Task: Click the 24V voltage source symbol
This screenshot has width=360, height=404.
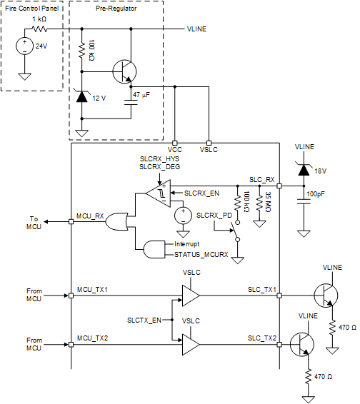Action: [x=25, y=46]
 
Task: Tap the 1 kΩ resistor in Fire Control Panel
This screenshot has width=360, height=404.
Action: [x=39, y=29]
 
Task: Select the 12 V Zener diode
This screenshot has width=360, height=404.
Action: [x=81, y=96]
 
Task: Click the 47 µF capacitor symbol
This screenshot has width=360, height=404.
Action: [x=131, y=103]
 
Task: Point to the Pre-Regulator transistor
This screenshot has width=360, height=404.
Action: [x=124, y=71]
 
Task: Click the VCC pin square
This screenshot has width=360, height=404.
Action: [x=174, y=143]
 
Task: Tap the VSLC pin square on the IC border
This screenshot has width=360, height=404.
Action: [x=209, y=143]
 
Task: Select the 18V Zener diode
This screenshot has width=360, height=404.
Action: [x=304, y=170]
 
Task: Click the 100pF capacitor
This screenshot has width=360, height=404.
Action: [x=304, y=201]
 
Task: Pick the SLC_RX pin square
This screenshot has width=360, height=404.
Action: [x=279, y=186]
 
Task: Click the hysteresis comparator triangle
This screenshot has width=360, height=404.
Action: [x=159, y=193]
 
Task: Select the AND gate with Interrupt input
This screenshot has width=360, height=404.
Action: [x=154, y=249]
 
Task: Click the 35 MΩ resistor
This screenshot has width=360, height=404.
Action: [x=260, y=201]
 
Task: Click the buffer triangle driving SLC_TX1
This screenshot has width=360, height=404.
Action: [x=191, y=296]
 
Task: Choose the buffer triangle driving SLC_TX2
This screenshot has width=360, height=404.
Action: [x=191, y=345]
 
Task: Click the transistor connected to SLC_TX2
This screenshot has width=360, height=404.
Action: [x=302, y=345]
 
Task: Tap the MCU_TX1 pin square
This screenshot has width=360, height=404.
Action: [x=71, y=296]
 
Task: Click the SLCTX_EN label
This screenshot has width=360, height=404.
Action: [x=144, y=320]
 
